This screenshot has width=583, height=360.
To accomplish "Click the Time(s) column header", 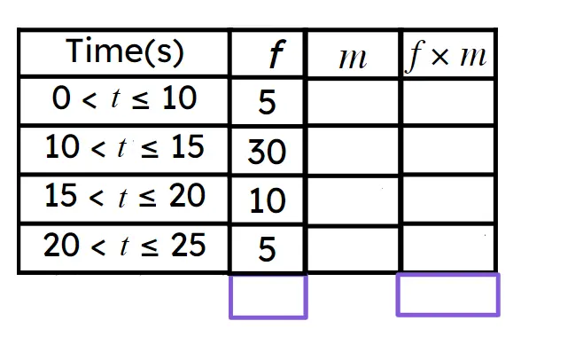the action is pyautogui.click(x=125, y=52).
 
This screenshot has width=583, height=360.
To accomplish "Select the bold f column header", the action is pyautogui.click(x=277, y=54).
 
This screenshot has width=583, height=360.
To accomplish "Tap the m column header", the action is pyautogui.click(x=353, y=59).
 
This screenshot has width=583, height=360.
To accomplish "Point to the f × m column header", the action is pyautogui.click(x=447, y=56).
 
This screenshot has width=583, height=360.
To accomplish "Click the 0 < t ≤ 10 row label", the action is pyautogui.click(x=124, y=98).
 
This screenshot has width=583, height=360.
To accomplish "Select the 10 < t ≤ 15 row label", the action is pyautogui.click(x=125, y=147).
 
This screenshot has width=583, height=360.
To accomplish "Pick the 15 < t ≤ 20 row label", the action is pyautogui.click(x=125, y=196).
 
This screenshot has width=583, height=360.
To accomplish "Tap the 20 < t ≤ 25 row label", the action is pyautogui.click(x=125, y=245).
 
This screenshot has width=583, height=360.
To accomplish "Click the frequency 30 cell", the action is pyautogui.click(x=267, y=152).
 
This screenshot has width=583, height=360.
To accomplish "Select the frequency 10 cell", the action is pyautogui.click(x=268, y=200).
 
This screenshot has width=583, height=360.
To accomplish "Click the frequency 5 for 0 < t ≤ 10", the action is pyautogui.click(x=267, y=102).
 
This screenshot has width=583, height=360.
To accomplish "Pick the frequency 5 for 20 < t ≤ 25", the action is pyautogui.click(x=267, y=249).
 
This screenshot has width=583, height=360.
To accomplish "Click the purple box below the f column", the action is pyautogui.click(x=268, y=296).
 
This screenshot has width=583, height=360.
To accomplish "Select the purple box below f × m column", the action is pyautogui.click(x=448, y=294).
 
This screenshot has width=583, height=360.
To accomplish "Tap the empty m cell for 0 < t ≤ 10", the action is pyautogui.click(x=353, y=101).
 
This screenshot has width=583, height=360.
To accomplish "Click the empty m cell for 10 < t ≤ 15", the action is pyautogui.click(x=353, y=151).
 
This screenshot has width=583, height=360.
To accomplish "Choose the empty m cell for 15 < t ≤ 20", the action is pyautogui.click(x=353, y=200).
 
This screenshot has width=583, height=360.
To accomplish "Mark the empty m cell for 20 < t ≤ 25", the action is pyautogui.click(x=353, y=248).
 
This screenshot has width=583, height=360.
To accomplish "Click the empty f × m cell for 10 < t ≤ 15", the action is pyautogui.click(x=448, y=151).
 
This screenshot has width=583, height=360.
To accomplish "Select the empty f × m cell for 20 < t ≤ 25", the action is pyautogui.click(x=448, y=248).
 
